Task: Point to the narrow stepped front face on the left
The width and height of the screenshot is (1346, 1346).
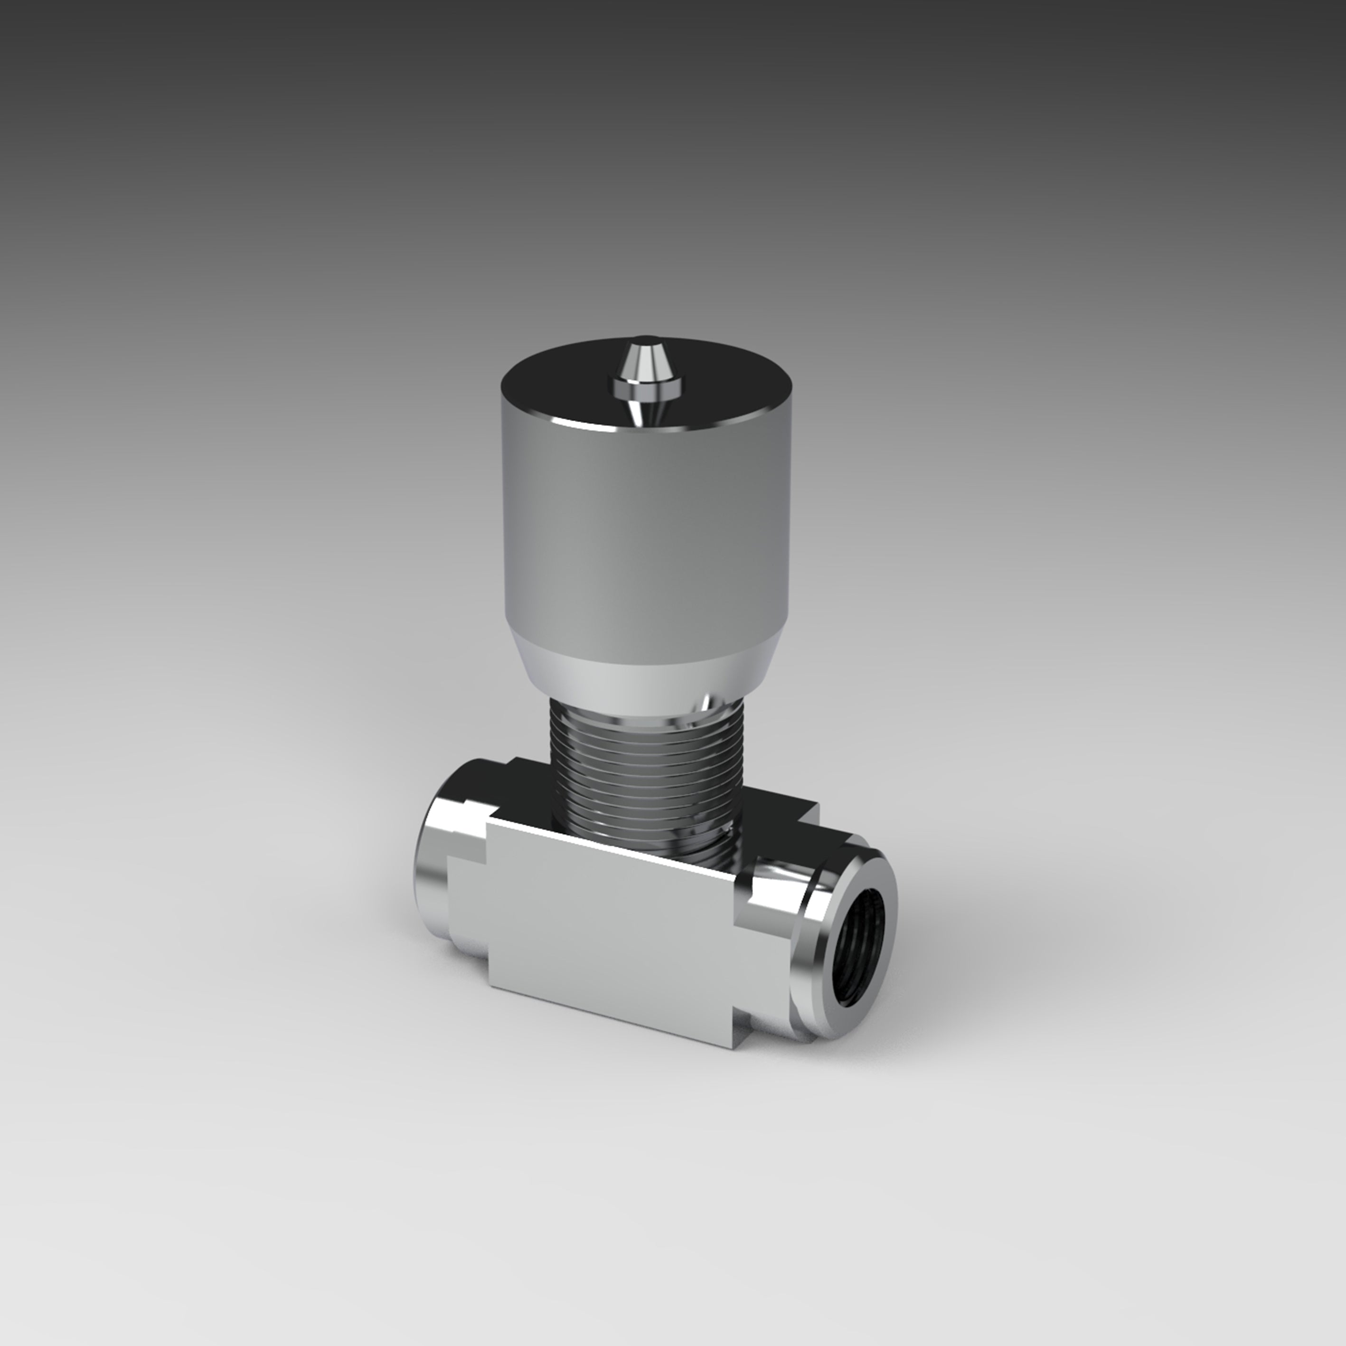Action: click(467, 906)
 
